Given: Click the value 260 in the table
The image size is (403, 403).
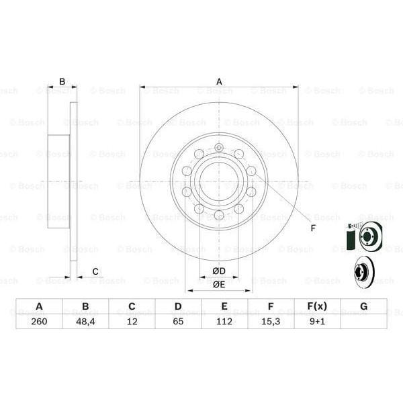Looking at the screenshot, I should [39, 322].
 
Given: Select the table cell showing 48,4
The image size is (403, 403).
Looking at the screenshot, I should [85, 322].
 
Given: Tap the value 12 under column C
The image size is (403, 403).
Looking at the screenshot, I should [132, 322].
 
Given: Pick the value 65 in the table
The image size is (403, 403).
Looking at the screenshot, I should [178, 322].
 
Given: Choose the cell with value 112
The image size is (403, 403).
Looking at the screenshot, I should [224, 322].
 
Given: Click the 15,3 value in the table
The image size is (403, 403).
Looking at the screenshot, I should [271, 322].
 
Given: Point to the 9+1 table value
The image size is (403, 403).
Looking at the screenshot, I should [317, 322].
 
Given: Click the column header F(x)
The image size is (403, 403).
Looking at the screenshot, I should [317, 307].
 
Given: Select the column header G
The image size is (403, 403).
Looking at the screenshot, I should [363, 307].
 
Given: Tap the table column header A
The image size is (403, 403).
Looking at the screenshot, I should [39, 307].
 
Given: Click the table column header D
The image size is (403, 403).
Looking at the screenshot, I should [178, 307].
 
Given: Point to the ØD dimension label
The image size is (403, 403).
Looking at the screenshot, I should [218, 271].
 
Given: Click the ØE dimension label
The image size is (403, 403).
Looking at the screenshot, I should [218, 284].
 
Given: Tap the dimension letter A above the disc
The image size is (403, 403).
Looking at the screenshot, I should [219, 81].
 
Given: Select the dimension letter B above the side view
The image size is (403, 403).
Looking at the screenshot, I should [62, 82].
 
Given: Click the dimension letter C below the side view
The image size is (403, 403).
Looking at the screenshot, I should [95, 271].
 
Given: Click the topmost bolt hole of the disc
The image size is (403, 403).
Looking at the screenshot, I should [219, 148].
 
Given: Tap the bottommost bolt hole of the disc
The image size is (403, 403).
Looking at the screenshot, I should [219, 215].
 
